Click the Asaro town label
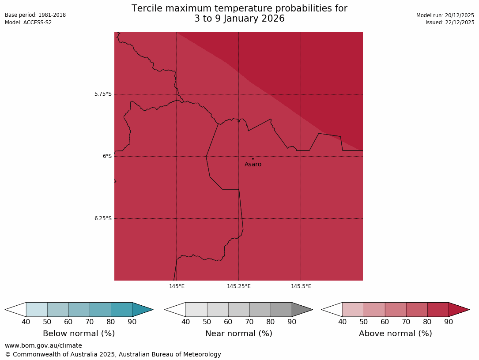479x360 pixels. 253,165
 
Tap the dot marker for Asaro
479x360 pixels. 253,158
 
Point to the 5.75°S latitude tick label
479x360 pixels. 103,94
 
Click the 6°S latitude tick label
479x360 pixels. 107,156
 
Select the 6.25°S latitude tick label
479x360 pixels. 103,218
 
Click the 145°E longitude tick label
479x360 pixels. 177,286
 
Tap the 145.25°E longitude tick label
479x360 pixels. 239,286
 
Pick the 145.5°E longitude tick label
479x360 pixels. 301,286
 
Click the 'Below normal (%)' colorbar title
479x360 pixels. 79,334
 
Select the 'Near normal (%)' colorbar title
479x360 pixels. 238,334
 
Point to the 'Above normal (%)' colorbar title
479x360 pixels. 395,334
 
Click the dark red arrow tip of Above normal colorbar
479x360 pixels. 458,310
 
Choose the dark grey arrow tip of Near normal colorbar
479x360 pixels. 302,310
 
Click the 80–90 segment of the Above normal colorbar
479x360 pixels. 438,310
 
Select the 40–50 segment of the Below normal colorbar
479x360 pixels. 37,310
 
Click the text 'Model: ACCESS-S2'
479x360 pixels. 28,22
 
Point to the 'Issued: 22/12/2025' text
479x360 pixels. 449,22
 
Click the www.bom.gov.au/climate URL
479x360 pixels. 43,345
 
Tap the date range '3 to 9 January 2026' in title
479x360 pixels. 239,19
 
